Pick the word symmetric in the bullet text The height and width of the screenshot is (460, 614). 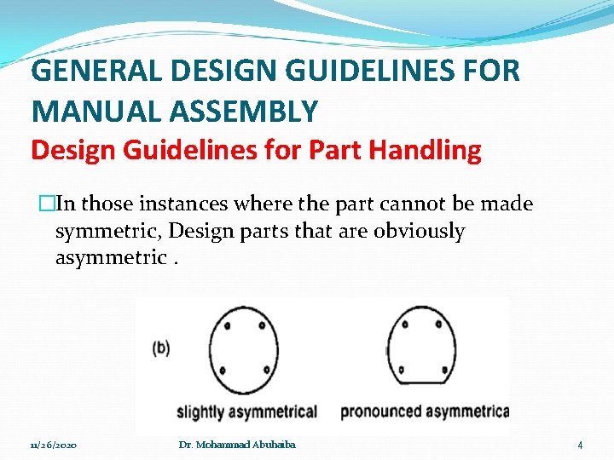pyautogui.click(x=104, y=232)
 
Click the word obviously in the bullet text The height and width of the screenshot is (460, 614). pyautogui.click(x=419, y=232)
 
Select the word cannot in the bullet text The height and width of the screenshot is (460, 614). pyautogui.click(x=426, y=204)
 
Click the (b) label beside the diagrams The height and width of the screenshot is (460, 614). pyautogui.click(x=160, y=348)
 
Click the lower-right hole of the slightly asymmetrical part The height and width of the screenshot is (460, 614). pyautogui.click(x=267, y=370)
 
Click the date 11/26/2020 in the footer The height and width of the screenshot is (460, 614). pyautogui.click(x=53, y=446)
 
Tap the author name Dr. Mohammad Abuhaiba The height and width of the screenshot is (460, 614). pyautogui.click(x=238, y=445)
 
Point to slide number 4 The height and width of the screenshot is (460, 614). pyautogui.click(x=580, y=446)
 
